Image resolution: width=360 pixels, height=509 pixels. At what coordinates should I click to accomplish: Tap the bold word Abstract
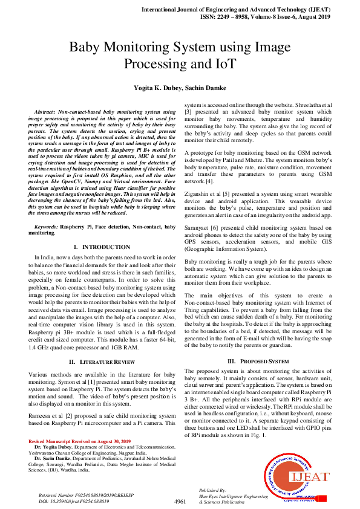coord(44,112)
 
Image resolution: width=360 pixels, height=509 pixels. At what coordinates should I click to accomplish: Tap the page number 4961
coord(180,501)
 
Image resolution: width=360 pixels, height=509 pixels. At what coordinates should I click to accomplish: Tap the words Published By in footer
coord(212,491)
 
